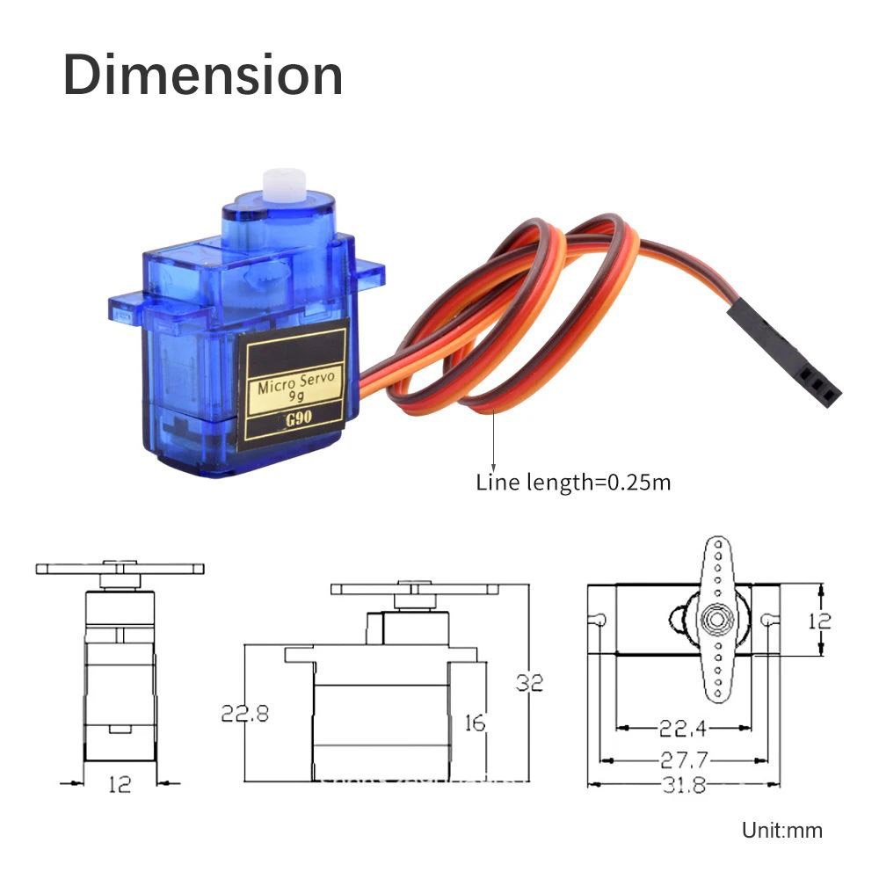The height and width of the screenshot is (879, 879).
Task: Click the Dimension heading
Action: click(x=203, y=74)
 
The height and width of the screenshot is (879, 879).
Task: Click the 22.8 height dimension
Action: click(x=244, y=713)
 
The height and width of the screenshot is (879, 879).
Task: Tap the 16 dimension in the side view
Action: click(x=474, y=723)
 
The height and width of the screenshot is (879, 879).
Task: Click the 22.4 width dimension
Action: click(x=684, y=728)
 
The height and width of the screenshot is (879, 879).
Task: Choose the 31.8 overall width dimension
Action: click(x=684, y=785)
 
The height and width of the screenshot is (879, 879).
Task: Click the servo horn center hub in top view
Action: click(x=716, y=619)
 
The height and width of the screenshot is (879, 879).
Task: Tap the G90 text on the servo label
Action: click(x=296, y=418)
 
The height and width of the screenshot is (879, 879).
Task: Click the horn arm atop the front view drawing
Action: click(x=120, y=569)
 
